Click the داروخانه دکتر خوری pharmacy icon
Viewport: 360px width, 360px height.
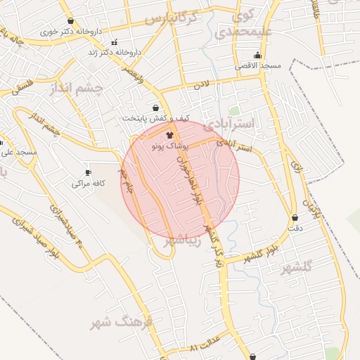[70, 21]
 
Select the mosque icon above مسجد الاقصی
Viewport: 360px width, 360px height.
[258, 55]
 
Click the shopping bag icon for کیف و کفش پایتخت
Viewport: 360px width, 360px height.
[155, 108]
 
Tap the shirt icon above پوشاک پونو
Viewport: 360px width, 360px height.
[169, 134]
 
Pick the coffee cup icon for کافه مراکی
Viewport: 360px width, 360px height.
[88, 173]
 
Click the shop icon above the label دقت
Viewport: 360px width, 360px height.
[294, 217]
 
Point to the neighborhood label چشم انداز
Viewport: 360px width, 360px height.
[77, 88]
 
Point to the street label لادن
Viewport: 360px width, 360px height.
[202, 86]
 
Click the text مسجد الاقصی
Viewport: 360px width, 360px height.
[261, 65]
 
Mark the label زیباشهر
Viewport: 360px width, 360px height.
[183, 240]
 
